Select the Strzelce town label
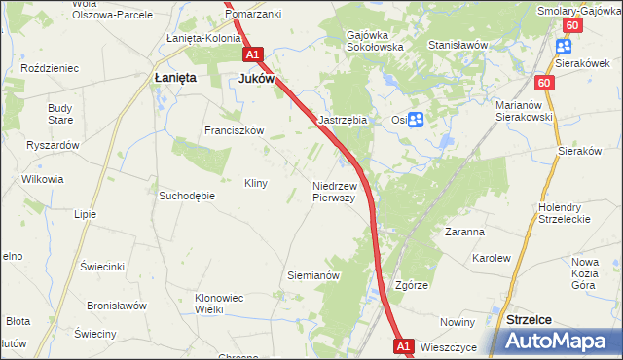point(530,319)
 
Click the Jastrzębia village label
point(343,120)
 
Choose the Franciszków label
point(234,130)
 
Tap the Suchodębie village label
point(186,195)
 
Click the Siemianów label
point(312,275)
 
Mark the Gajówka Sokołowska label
point(375,41)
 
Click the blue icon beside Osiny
point(416,120)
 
